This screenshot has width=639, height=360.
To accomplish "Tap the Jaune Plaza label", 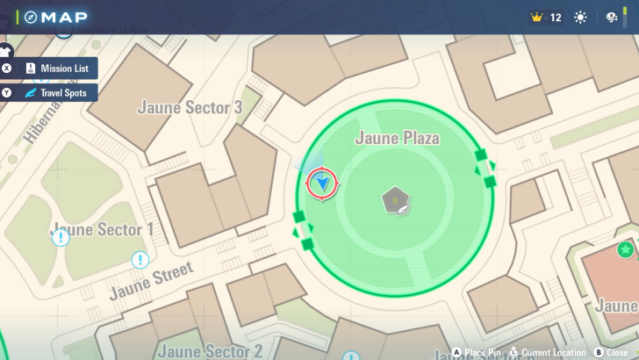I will pos(396,138).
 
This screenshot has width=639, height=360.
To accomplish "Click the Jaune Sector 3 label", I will pos(190,107).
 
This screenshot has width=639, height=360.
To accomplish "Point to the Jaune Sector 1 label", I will pos(104,229).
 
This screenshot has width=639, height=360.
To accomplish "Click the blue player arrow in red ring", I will pos(322,184).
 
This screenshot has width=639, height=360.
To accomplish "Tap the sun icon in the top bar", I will pos(580,17).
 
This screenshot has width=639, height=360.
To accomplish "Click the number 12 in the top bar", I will pos(556,17).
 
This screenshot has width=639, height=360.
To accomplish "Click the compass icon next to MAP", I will pos(31,17).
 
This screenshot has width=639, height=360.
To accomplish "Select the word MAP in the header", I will pos(66,17).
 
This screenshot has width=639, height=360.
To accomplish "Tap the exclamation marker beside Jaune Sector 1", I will pos(61,237).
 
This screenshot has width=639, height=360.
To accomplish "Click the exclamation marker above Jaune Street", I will pos(140,260).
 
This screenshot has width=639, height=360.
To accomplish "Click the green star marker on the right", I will pos(626,249).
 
